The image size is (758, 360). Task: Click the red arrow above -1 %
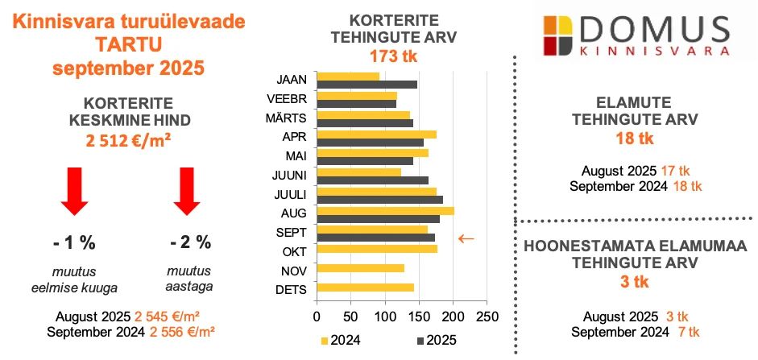tap(74, 191)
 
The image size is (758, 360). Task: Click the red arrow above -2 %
tap(187, 191)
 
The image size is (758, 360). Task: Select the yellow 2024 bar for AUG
tap(386, 211)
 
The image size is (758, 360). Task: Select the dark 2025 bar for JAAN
tap(367, 85)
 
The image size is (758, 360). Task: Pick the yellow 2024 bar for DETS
tap(367, 288)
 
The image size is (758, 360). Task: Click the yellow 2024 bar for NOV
tap(362, 268)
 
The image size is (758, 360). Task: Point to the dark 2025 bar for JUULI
tap(380, 199)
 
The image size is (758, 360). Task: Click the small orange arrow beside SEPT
tap(466, 238)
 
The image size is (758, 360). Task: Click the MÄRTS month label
tap(291, 118)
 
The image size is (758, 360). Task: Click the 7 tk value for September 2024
tap(690, 332)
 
